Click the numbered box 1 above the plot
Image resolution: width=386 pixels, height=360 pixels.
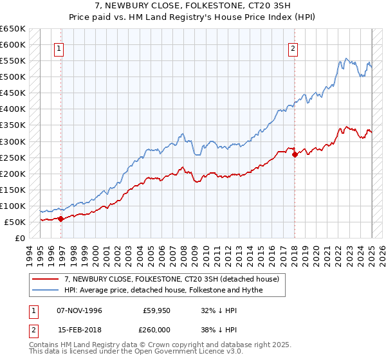pos(59,48)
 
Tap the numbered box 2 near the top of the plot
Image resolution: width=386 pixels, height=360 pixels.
pos(293,48)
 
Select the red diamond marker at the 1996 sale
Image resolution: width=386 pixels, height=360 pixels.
pos(60,219)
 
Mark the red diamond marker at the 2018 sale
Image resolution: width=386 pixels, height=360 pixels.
pos(295,154)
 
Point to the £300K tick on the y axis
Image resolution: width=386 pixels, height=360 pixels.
pos(14,141)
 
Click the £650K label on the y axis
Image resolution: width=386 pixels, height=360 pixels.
pos(14,29)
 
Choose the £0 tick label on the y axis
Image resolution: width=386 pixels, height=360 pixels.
pos(21,238)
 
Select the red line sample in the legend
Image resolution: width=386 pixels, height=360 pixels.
pos(46,279)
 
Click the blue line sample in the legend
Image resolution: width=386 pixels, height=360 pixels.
pos(46,290)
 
